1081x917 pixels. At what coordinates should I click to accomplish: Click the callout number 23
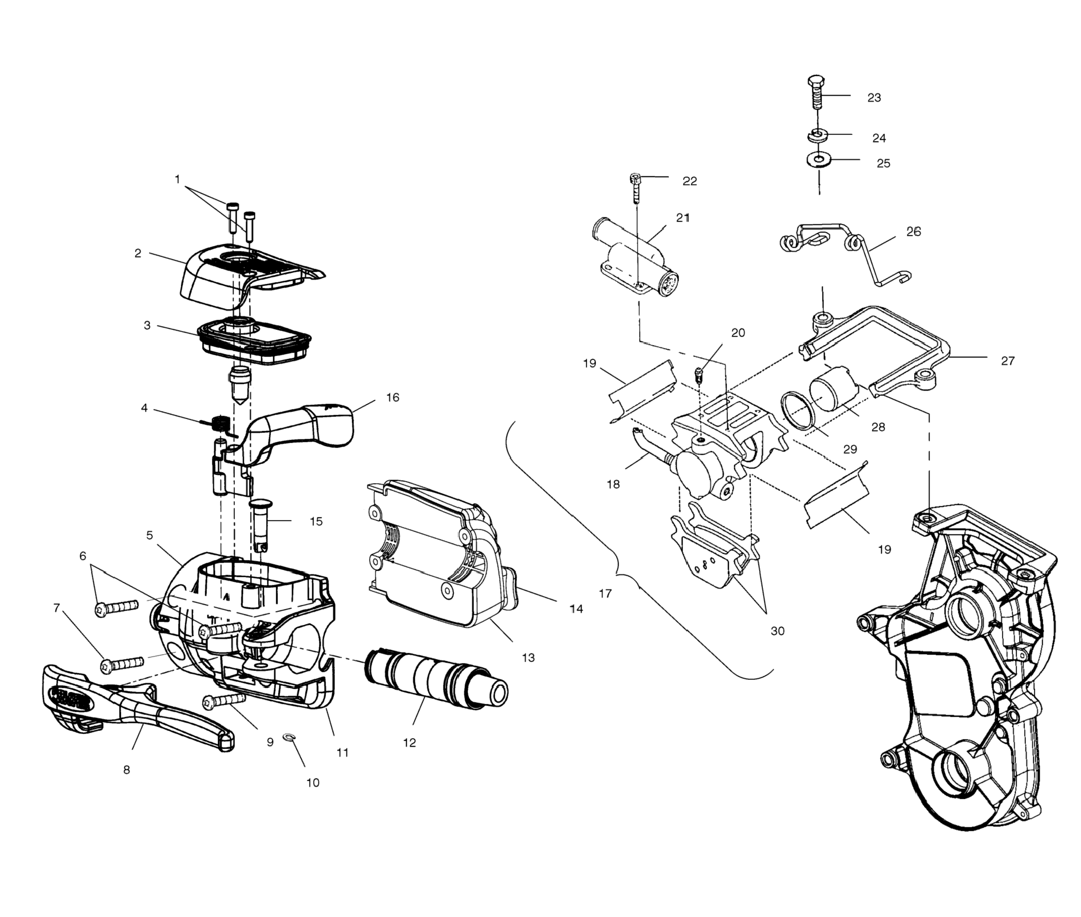(874, 98)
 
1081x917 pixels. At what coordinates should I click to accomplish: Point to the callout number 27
(1007, 361)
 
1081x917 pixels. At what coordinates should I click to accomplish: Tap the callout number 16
(393, 398)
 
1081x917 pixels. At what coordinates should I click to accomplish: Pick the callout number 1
(177, 179)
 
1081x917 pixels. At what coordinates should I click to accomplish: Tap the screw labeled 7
(122, 664)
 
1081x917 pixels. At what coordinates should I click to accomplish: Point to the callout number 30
(777, 631)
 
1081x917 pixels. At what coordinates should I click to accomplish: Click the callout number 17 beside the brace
(605, 594)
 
